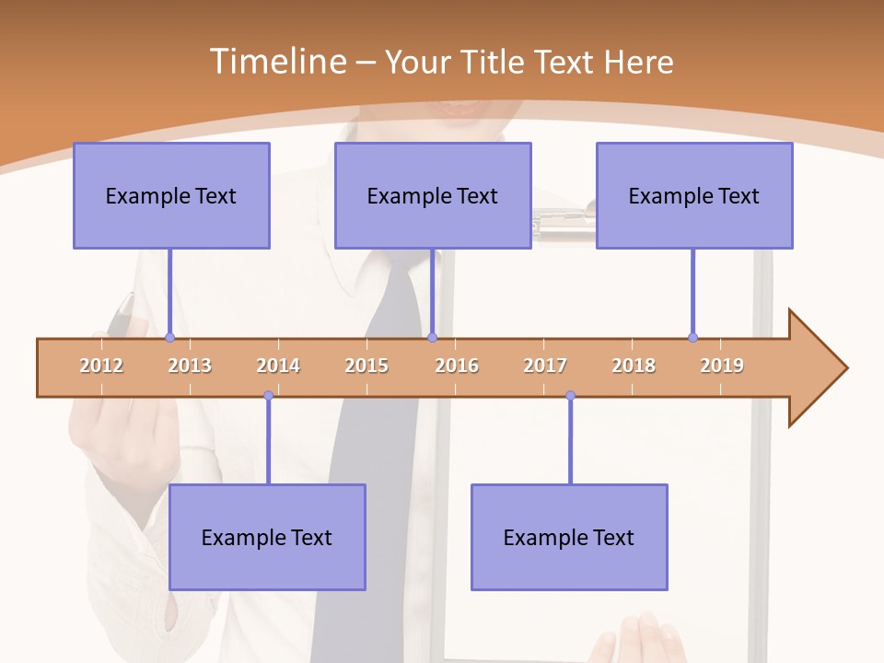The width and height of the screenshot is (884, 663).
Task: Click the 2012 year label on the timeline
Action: click(101, 366)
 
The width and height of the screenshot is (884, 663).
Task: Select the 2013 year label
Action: click(190, 366)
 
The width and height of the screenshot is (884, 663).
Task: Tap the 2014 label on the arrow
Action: click(278, 366)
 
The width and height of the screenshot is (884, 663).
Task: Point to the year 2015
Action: click(366, 366)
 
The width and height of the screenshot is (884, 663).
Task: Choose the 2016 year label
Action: click(457, 366)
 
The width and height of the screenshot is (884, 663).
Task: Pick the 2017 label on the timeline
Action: click(545, 366)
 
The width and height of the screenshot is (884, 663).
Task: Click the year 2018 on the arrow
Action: click(634, 366)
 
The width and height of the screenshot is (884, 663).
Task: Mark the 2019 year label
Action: click(722, 366)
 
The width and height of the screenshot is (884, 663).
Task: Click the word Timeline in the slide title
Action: click(277, 62)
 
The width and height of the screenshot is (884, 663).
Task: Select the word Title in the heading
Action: click(494, 62)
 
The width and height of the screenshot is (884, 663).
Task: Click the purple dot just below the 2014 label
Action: click(268, 396)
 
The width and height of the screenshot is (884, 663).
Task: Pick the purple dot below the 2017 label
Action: click(570, 396)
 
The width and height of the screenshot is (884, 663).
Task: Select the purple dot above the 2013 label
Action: click(169, 337)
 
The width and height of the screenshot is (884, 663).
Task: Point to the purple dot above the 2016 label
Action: click(432, 337)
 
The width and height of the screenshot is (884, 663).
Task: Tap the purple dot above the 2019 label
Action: click(692, 337)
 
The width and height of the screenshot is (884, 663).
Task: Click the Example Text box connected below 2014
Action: click(267, 537)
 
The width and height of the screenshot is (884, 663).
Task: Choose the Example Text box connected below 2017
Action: click(569, 537)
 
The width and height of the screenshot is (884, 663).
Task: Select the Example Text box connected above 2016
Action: click(433, 195)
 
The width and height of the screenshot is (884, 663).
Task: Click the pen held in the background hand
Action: click(120, 315)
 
